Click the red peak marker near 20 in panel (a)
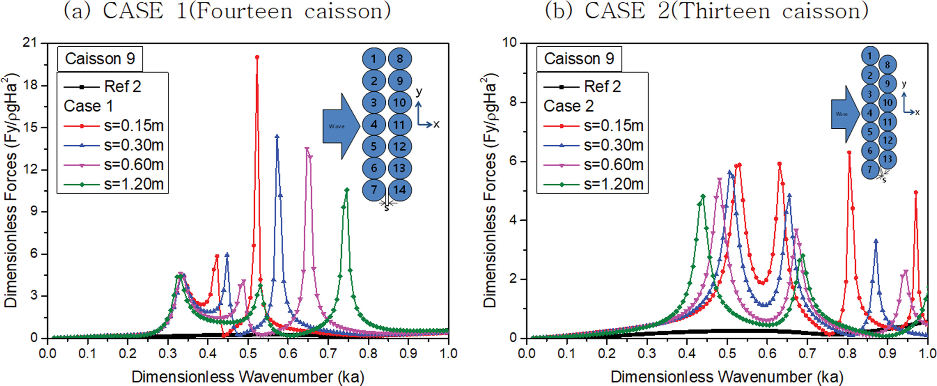(257, 57)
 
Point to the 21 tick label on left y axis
(31, 43)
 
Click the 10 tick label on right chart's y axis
(510, 43)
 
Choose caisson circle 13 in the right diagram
(888, 159)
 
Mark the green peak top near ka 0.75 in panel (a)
(347, 190)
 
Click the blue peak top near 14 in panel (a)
(277, 136)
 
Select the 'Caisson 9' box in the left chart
(100, 59)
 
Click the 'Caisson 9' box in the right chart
(579, 59)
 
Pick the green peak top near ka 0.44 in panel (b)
(703, 196)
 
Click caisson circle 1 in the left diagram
(374, 59)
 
